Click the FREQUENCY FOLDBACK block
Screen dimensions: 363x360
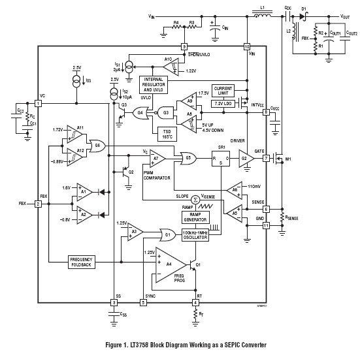(82, 261)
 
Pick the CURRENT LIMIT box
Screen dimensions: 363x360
(223, 89)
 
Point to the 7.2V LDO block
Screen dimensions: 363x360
(222, 104)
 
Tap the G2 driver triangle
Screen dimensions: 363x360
(246, 158)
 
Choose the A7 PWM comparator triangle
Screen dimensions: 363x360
(157, 158)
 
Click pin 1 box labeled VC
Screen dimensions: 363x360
(39, 103)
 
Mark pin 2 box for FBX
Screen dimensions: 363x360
(39, 204)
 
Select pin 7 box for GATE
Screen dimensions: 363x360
(266, 158)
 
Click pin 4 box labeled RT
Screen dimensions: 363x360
(195, 302)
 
